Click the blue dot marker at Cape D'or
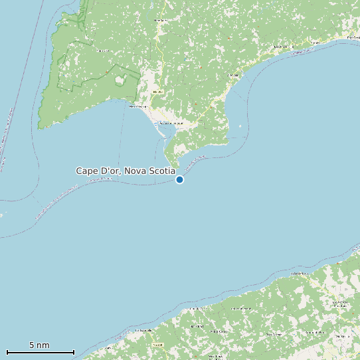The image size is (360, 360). (179, 179)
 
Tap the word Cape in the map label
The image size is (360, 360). (86, 171)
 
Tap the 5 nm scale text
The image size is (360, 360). (39, 345)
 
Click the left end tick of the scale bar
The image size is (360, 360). (7, 351)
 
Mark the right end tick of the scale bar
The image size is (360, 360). (74, 351)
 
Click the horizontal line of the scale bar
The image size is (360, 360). (40, 352)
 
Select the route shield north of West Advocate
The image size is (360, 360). (157, 92)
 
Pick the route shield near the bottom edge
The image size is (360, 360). (157, 345)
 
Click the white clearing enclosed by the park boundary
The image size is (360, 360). (120, 81)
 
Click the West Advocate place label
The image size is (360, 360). (137, 106)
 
